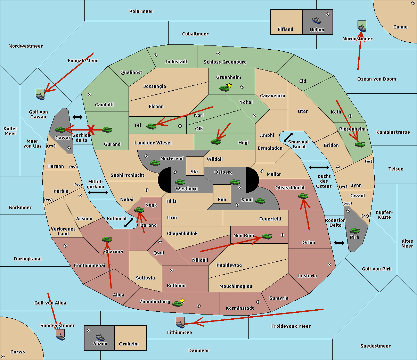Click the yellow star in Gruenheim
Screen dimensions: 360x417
click(x=229, y=85)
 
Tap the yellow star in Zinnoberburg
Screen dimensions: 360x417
click(x=182, y=301)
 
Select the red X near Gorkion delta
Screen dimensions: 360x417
click(x=91, y=130)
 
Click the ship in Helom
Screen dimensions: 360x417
click(x=317, y=20)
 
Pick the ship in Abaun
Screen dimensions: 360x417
click(x=100, y=337)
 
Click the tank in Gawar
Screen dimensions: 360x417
click(x=60, y=129)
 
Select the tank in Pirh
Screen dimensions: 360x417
click(x=355, y=231)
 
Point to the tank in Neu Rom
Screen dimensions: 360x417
click(x=267, y=236)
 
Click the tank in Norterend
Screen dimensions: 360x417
click(x=155, y=163)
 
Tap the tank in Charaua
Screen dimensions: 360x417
click(x=107, y=239)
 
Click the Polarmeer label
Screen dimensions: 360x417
click(x=141, y=11)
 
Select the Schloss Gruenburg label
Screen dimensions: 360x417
click(x=225, y=62)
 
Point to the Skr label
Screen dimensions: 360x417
click(x=195, y=172)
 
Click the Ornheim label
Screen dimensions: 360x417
click(x=129, y=344)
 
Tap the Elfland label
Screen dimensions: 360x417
click(x=285, y=30)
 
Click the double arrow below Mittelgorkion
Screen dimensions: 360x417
click(x=98, y=193)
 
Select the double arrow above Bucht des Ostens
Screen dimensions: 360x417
click(x=319, y=168)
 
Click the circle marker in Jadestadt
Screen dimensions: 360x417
click(x=156, y=55)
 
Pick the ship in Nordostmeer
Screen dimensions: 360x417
click(x=362, y=27)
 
